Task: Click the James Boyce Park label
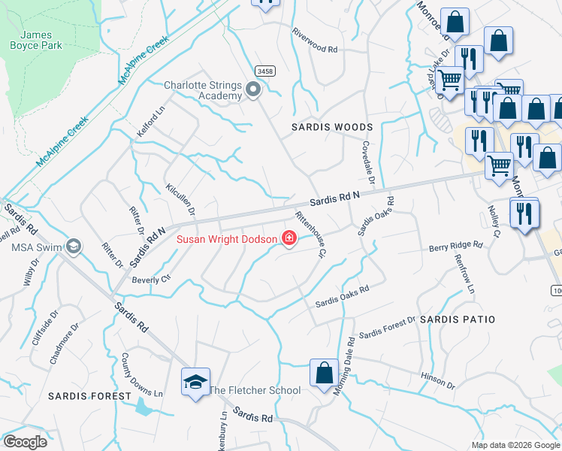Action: [x=36, y=40]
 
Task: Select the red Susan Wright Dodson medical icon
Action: [x=289, y=239]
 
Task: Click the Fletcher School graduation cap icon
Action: [x=195, y=382]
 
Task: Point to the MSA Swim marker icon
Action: [x=74, y=246]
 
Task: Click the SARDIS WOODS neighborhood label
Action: [x=332, y=128]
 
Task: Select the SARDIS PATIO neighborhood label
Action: [x=457, y=319]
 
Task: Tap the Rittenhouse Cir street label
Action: [x=310, y=235]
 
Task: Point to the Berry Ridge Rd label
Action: [x=455, y=246]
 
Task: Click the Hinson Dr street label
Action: [x=438, y=380]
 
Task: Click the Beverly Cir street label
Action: [x=153, y=279]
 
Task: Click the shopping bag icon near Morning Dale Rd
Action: [x=324, y=373]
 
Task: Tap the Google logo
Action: [x=25, y=442]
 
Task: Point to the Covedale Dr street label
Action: [x=368, y=161]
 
